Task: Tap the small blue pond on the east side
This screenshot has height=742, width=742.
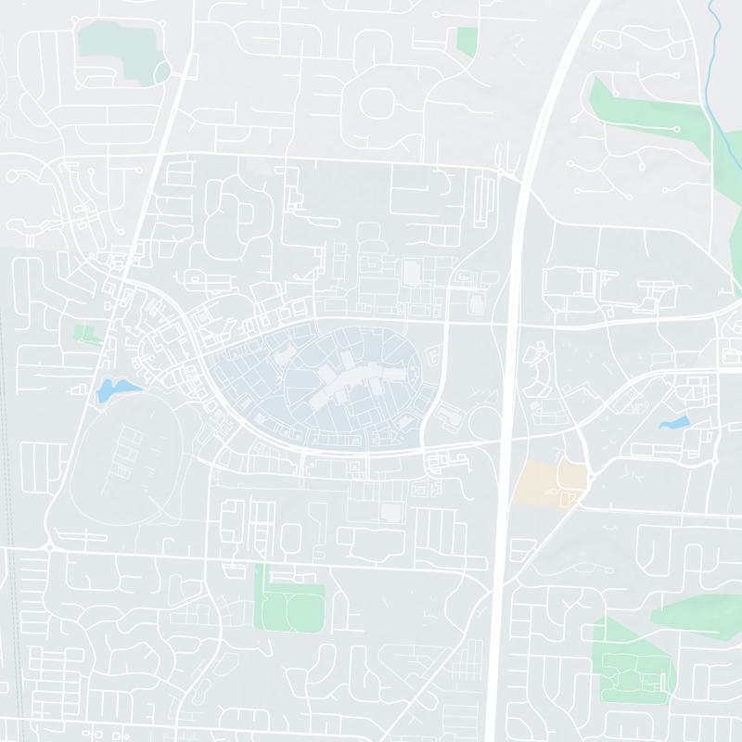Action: tap(674, 423)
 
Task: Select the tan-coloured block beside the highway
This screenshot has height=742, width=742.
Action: tap(547, 482)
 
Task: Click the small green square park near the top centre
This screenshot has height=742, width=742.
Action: tap(467, 40)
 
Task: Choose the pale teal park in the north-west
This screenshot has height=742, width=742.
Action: tap(116, 46)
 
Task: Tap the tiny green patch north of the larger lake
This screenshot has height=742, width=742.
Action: tap(86, 333)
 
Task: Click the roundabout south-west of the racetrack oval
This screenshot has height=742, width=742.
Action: tap(49, 547)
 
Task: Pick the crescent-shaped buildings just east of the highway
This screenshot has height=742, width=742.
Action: tap(535, 371)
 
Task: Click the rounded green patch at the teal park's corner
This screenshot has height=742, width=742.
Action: tap(161, 71)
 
